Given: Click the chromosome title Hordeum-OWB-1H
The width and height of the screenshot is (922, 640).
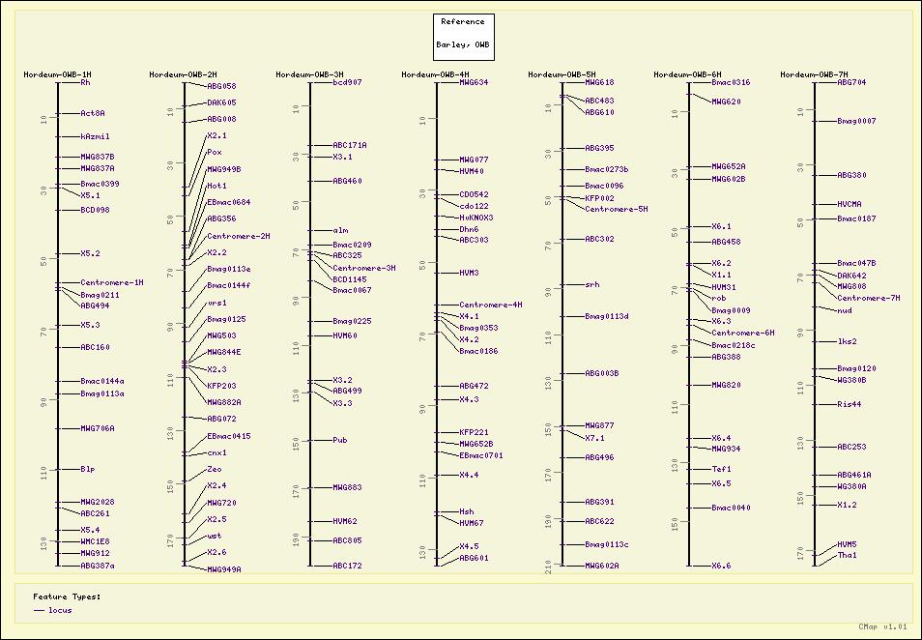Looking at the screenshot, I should tap(57, 74).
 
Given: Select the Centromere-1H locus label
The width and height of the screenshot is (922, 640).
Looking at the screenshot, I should tap(111, 283).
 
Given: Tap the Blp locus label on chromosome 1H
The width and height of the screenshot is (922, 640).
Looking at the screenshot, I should tap(87, 470).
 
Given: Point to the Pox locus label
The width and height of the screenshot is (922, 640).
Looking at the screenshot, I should tap(214, 153).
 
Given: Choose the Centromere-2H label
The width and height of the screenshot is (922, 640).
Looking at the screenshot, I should tap(238, 236).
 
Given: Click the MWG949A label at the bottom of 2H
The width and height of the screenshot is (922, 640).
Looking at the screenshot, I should tap(223, 569).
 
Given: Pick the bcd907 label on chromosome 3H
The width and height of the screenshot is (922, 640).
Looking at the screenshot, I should tap(347, 83).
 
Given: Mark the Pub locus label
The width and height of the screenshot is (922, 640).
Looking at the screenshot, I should tap(339, 440).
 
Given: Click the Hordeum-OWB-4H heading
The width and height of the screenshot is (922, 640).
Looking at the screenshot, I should tap(435, 74).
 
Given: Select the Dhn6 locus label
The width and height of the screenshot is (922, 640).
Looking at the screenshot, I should tap(469, 229).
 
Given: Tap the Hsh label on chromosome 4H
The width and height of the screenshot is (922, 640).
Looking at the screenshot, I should tap(466, 511).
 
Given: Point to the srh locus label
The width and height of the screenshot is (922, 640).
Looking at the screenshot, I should tap(591, 285).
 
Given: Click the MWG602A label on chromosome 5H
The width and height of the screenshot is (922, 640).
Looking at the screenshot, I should tap(601, 566).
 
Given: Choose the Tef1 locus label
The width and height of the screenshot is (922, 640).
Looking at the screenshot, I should tap(721, 469).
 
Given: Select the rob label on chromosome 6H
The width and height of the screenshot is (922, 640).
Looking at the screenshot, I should tap(718, 299).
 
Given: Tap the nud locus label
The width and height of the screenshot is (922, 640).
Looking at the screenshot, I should tap(844, 310).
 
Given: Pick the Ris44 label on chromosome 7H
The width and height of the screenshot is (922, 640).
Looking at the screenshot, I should tap(849, 405).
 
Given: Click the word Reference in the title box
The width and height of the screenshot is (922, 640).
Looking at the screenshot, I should tap(463, 22).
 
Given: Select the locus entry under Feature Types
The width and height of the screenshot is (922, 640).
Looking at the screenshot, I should tap(60, 610).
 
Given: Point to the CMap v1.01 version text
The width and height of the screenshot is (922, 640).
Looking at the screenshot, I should tap(883, 627).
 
